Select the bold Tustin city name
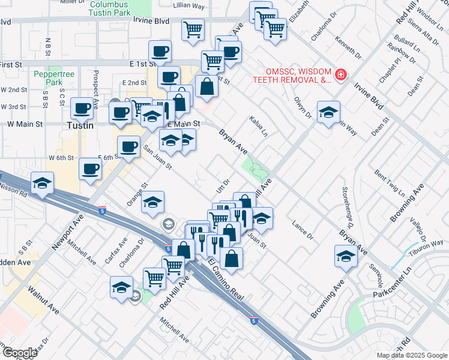tap(79, 126)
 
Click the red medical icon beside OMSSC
tap(340, 74)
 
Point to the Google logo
tap(19, 353)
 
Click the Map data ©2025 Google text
tap(411, 355)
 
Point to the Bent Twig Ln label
tap(389, 183)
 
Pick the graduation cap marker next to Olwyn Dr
tap(328, 112)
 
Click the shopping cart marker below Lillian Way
tap(193, 28)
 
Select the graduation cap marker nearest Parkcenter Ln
tap(346, 256)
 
